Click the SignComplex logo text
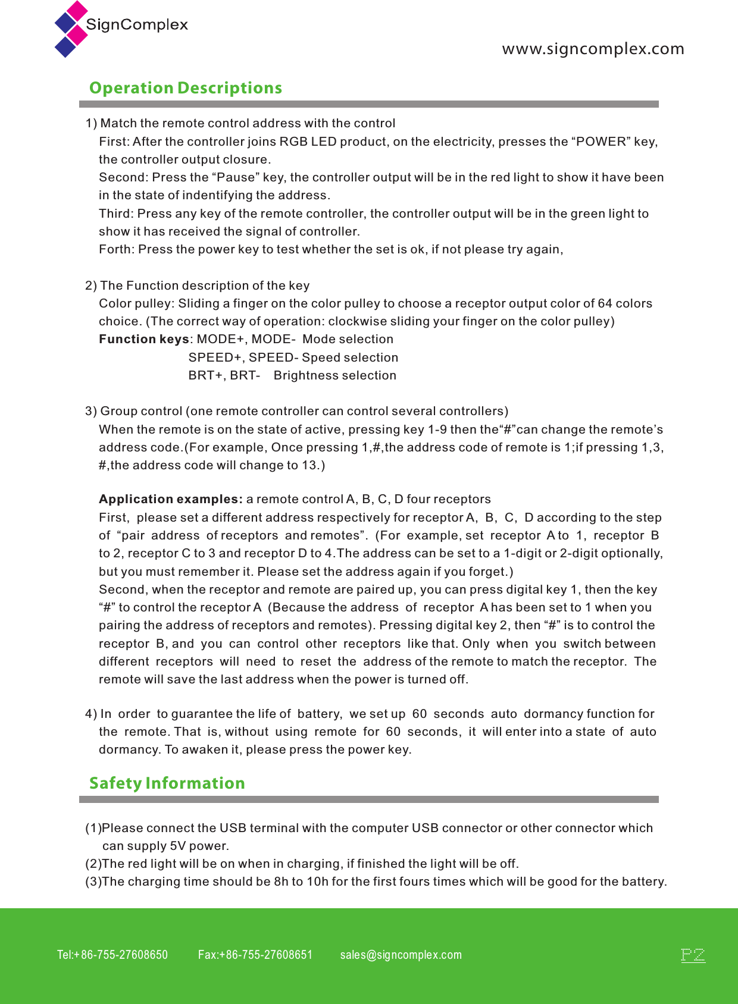click(137, 25)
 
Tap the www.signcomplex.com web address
click(593, 49)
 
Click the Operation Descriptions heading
click(186, 88)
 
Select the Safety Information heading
click(167, 783)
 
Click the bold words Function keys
click(144, 339)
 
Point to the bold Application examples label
click(170, 499)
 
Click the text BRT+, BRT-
click(224, 375)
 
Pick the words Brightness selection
click(335, 375)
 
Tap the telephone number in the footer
click(112, 955)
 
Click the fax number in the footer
click(255, 955)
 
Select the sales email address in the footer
click(401, 955)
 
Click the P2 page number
click(693, 955)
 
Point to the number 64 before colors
click(605, 303)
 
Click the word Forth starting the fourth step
click(116, 249)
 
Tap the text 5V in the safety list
click(178, 846)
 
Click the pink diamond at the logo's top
click(77, 11)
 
